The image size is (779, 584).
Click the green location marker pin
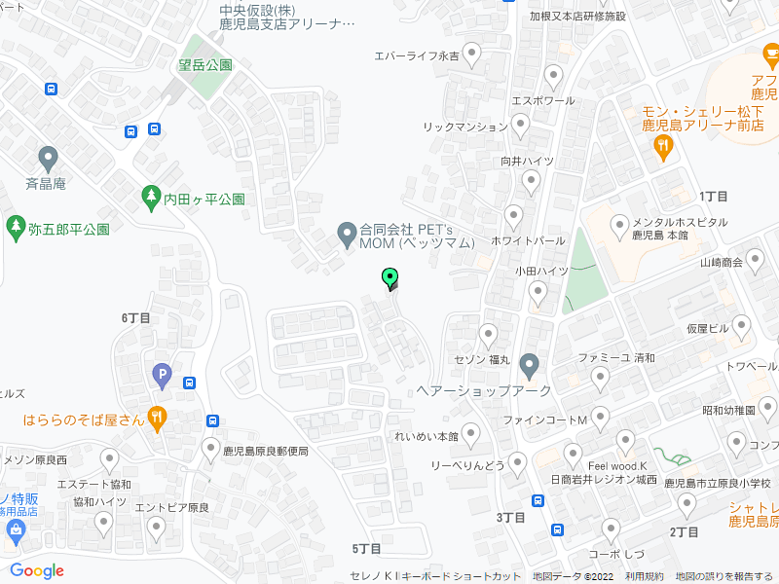coord(390,278)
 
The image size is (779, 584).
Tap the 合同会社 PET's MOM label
coord(417,236)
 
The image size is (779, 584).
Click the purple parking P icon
coord(162,373)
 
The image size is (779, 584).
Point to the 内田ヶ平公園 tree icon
coord(150,198)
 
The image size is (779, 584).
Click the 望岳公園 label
coord(205,65)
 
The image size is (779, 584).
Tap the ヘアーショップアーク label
coord(484,389)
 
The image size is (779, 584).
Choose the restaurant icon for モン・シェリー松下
coord(663,147)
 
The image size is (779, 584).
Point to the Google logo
coord(37,571)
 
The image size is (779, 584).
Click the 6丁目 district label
coord(136,317)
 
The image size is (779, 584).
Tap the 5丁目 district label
coord(366,549)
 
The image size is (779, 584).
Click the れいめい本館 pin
coord(471,433)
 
